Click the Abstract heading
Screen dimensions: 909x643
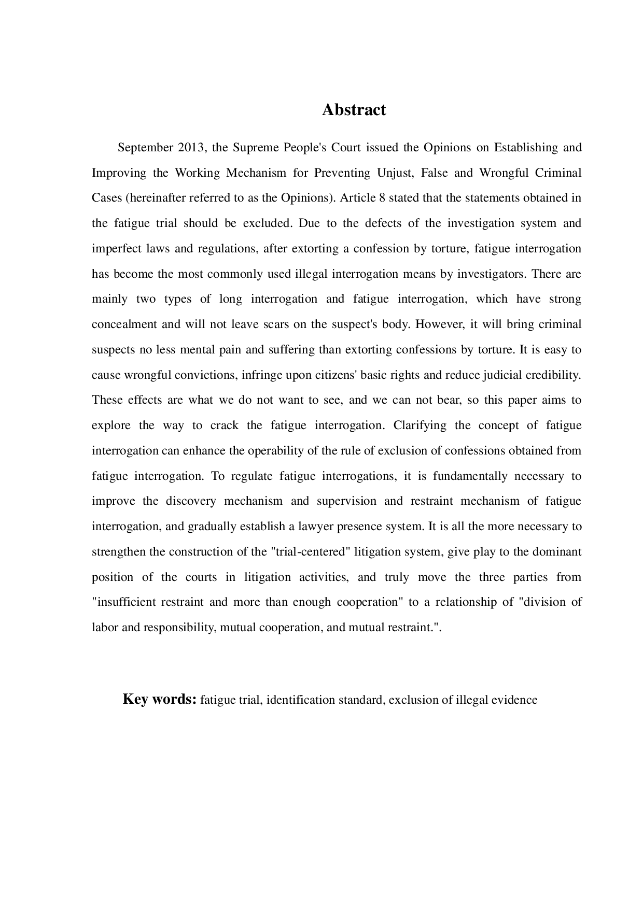click(x=354, y=110)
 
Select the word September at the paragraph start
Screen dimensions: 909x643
click(x=145, y=148)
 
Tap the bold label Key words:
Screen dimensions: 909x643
click(x=159, y=699)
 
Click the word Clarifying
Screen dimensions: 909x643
click(x=420, y=425)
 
